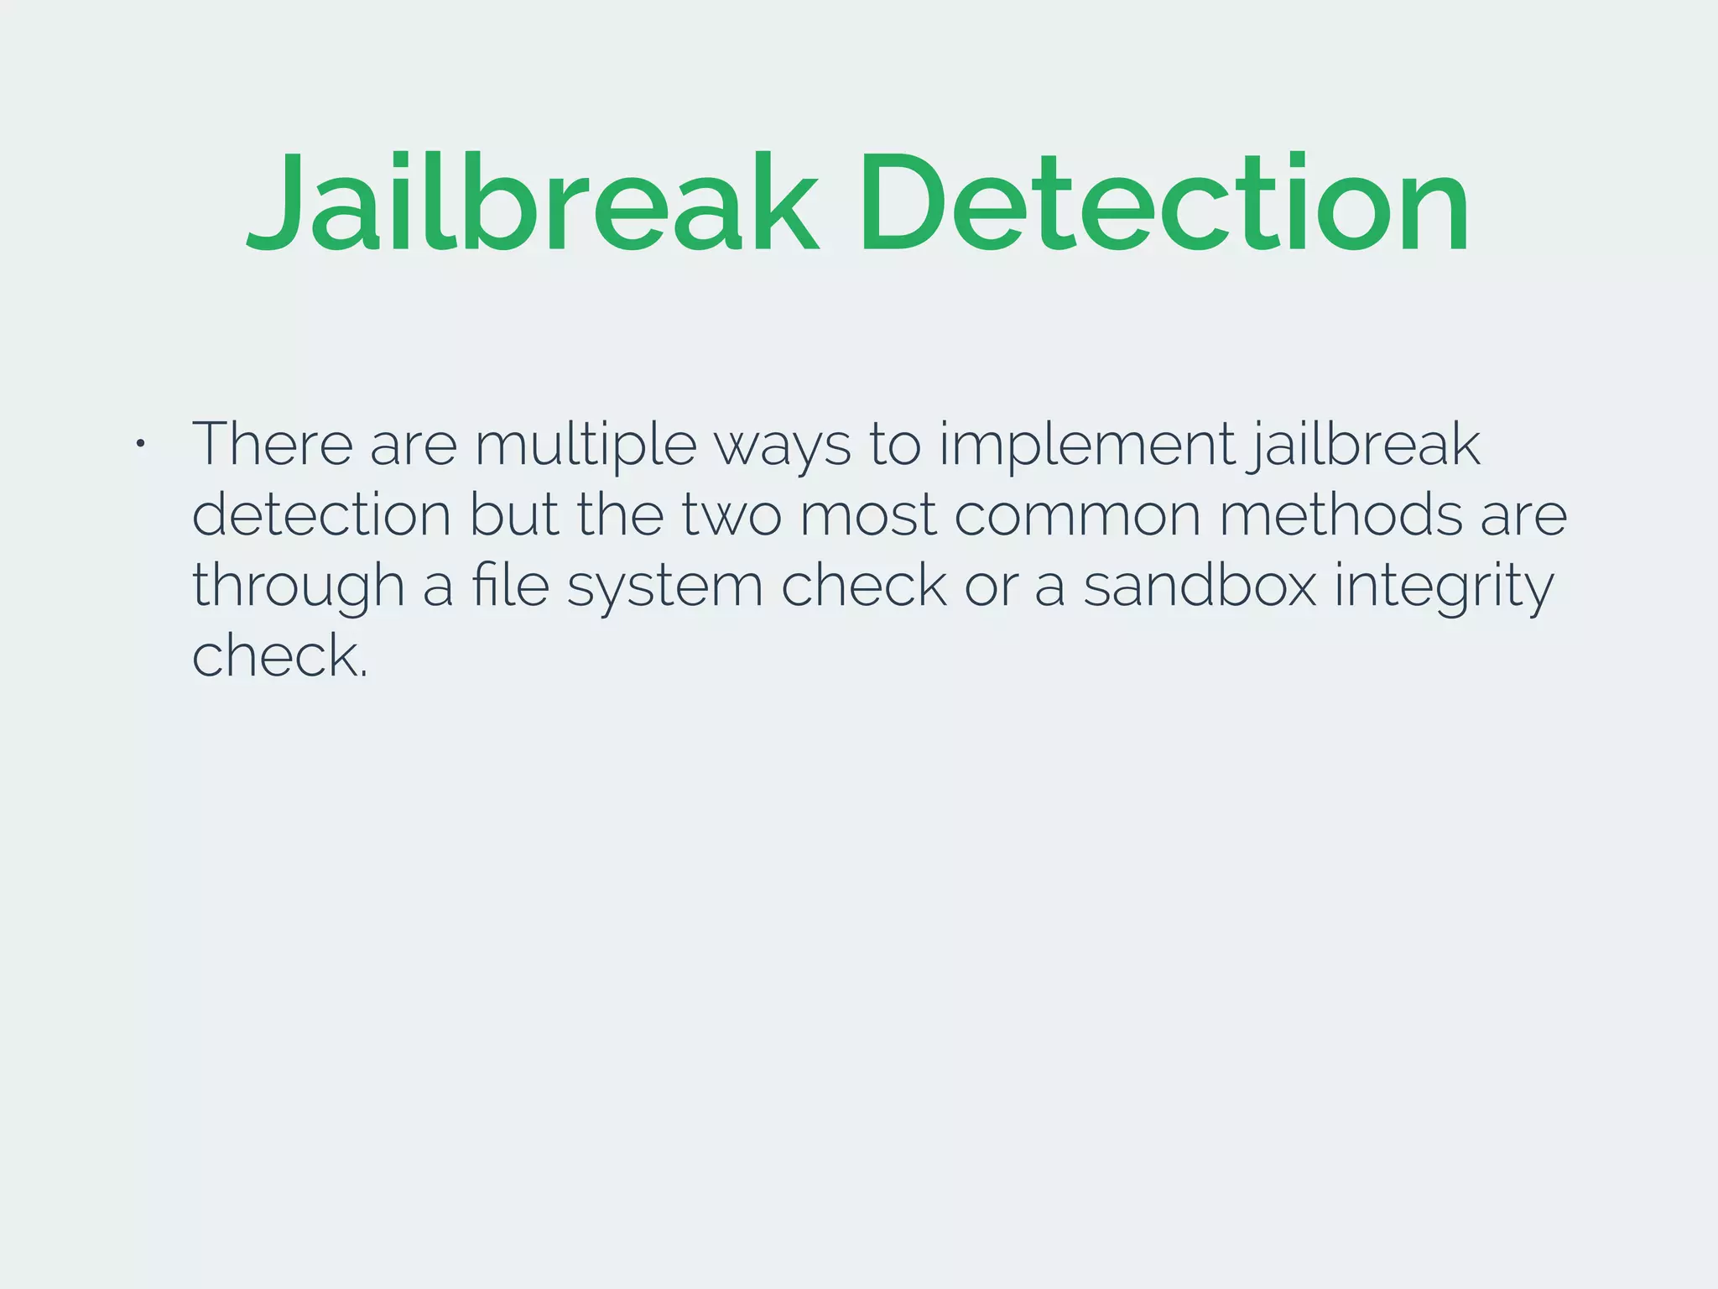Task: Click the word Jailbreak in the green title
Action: click(532, 203)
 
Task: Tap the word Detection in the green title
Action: click(1163, 203)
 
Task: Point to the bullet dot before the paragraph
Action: click(140, 443)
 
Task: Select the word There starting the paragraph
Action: click(273, 444)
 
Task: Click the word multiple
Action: click(586, 446)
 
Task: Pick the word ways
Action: click(782, 447)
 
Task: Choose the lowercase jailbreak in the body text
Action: click(1364, 446)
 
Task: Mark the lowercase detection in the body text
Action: click(322, 514)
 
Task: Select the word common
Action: click(1077, 516)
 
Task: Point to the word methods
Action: click(1341, 514)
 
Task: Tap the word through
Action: click(298, 587)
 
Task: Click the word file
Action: click(510, 585)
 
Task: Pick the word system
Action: click(664, 588)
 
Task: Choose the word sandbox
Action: click(1200, 585)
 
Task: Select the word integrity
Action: click(1444, 587)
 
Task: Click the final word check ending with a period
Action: click(279, 655)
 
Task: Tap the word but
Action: click(513, 514)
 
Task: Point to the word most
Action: click(867, 516)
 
